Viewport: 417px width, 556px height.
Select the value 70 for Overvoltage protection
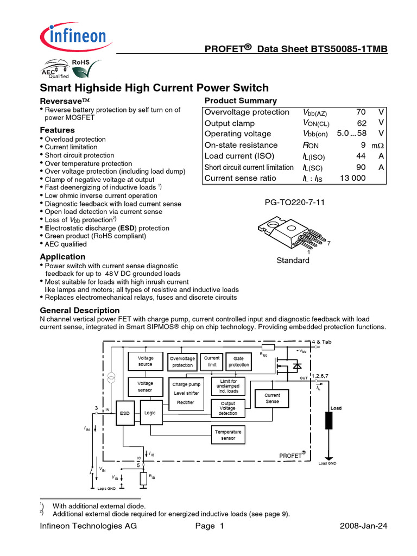[x=361, y=112]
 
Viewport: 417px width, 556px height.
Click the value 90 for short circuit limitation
[x=361, y=167]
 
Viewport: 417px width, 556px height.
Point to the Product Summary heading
[x=241, y=100]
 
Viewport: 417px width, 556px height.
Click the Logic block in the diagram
[x=150, y=413]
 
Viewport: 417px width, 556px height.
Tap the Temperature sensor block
[x=228, y=434]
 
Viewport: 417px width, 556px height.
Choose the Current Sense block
[x=273, y=399]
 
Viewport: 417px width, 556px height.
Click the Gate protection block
[x=238, y=362]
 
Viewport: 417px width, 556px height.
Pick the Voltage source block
[x=146, y=361]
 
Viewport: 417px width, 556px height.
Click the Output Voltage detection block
[x=228, y=409]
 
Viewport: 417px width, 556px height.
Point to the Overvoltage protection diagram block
[x=182, y=362]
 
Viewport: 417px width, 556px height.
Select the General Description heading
[x=79, y=309]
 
